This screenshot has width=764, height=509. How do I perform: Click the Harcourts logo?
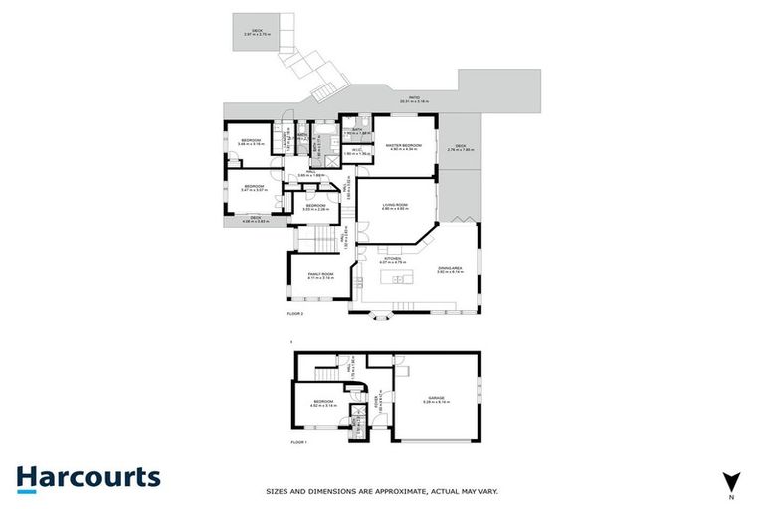pyautogui.click(x=88, y=477)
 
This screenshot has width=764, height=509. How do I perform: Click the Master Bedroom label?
pyautogui.click(x=404, y=147)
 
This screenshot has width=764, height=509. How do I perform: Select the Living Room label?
pyautogui.click(x=396, y=207)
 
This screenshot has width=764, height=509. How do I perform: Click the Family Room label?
pyautogui.click(x=320, y=276)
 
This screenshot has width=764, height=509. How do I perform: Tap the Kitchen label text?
pyautogui.click(x=392, y=260)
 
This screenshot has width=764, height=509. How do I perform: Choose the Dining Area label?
pyautogui.click(x=451, y=269)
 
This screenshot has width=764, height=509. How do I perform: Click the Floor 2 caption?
pyautogui.click(x=294, y=313)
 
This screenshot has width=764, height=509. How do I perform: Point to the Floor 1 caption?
pyautogui.click(x=298, y=442)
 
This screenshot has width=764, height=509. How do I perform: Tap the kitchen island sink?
pyautogui.click(x=400, y=279)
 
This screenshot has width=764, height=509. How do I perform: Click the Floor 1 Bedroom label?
pyautogui.click(x=323, y=404)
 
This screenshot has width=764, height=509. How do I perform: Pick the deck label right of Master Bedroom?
pyautogui.click(x=460, y=148)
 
